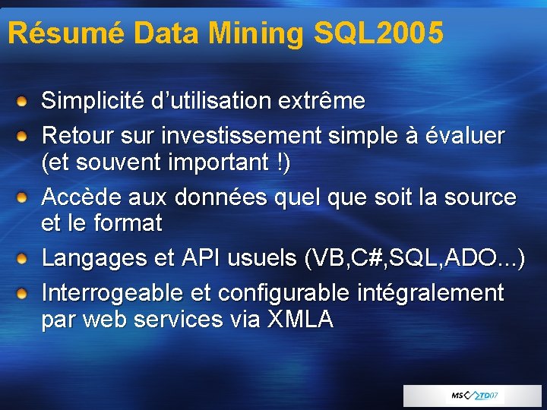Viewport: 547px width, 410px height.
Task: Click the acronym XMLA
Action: pyautogui.click(x=300, y=320)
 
